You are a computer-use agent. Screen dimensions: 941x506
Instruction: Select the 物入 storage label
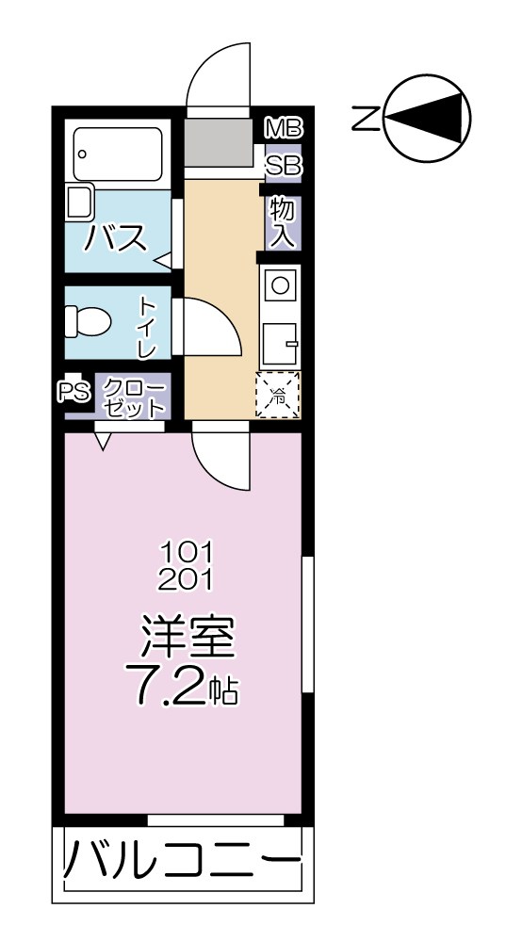pyautogui.click(x=282, y=222)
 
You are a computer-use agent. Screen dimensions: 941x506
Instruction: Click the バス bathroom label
pyautogui.click(x=116, y=238)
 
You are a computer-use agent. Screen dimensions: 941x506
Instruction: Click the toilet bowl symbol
pyautogui.click(x=88, y=322)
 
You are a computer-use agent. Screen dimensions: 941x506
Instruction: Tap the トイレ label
pyautogui.click(x=148, y=326)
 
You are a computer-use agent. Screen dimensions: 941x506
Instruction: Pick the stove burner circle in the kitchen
pyautogui.click(x=280, y=283)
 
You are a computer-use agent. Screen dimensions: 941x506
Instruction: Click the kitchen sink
pyautogui.click(x=280, y=343)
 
